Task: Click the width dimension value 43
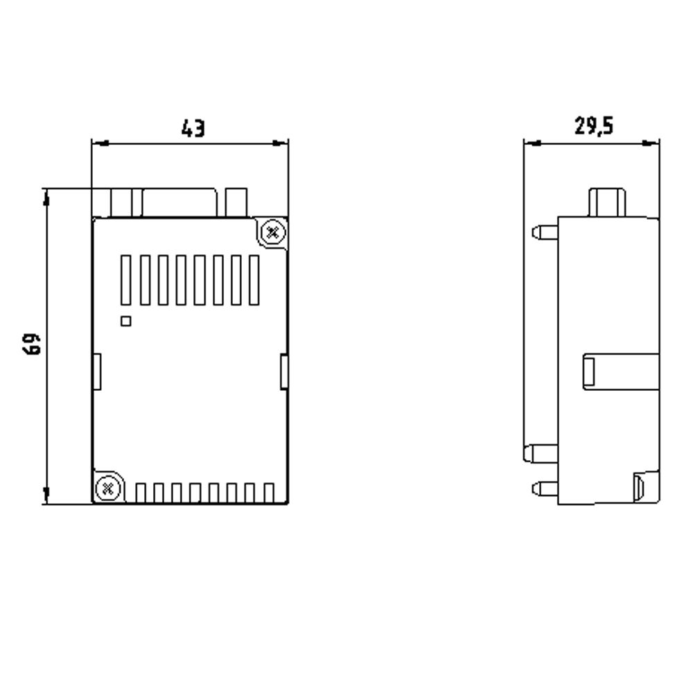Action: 193,128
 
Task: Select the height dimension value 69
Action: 32,344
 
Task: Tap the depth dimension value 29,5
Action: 594,127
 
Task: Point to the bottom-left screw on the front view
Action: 107,488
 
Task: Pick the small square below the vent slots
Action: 125,320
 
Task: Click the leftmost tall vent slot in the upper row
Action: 125,280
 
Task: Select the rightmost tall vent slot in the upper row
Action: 253,280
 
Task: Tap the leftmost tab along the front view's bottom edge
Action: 141,493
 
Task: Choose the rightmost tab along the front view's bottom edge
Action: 269,493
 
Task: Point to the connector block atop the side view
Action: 607,202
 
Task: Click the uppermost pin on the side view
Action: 545,231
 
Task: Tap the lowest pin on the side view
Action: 545,489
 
